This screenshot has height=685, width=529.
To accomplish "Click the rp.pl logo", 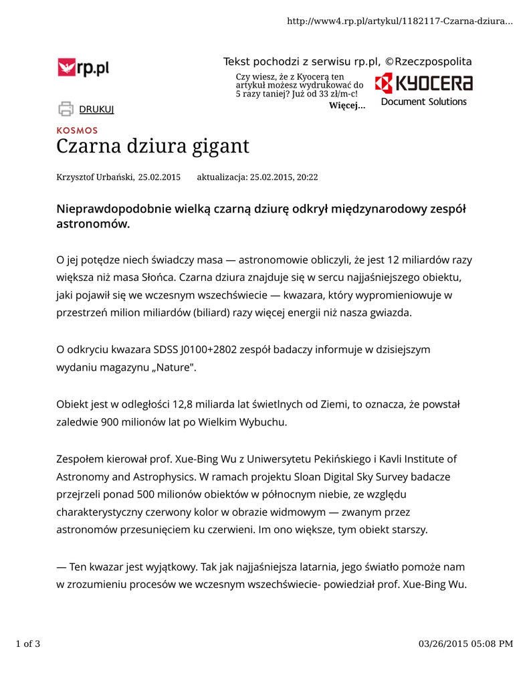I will [83, 68].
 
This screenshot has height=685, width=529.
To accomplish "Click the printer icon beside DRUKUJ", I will [66, 108].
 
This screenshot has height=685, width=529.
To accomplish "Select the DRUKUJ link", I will [97, 109].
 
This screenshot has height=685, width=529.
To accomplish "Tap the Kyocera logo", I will [423, 84].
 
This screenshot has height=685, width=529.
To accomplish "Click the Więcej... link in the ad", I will [347, 106].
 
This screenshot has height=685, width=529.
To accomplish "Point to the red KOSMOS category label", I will [77, 130].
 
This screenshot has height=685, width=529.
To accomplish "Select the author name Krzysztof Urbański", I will [95, 177].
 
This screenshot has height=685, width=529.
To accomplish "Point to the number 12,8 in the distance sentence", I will [187, 405].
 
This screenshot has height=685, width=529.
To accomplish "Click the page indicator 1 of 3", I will [28, 644].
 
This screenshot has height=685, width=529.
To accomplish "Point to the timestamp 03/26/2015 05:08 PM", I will [465, 644].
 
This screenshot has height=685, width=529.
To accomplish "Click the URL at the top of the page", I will [399, 21].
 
